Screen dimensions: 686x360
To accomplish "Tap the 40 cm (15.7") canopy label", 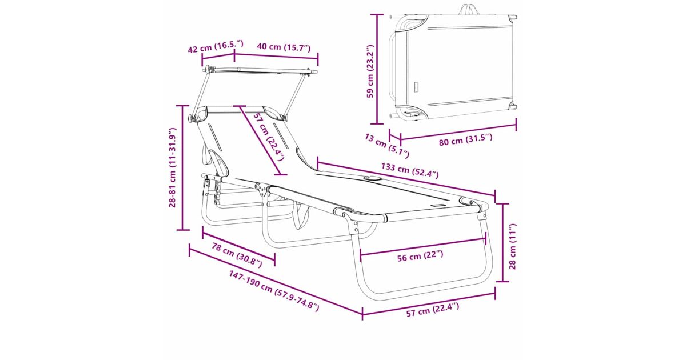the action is (x=284, y=47).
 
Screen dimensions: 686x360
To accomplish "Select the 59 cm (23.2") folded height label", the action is (x=370, y=71).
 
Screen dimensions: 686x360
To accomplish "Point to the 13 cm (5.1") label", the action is (x=387, y=146).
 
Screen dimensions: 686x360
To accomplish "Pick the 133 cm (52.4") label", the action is (x=410, y=170).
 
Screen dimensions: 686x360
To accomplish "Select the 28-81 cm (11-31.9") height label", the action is (x=173, y=168).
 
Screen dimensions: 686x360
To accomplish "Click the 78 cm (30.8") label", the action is (x=237, y=255).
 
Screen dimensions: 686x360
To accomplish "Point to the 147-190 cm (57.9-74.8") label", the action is (x=274, y=290).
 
